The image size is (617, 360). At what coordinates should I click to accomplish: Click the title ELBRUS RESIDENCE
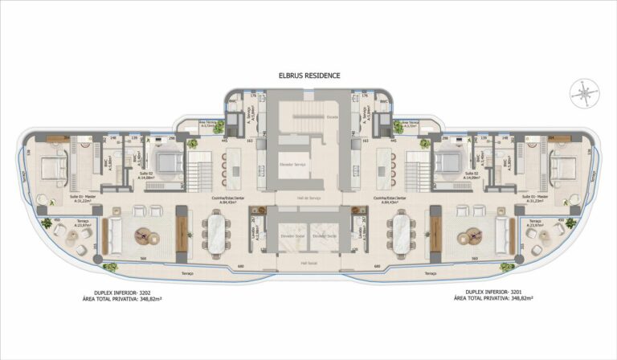pos(308,75)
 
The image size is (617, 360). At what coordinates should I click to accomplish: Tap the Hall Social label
pos(308,262)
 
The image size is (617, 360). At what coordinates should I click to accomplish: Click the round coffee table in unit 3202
pos(147,236)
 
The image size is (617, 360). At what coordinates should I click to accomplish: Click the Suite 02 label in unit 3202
pos(146,172)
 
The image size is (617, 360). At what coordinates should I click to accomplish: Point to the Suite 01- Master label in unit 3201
pos(535,195)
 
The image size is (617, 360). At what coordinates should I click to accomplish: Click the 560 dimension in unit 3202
pos(142,258)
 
